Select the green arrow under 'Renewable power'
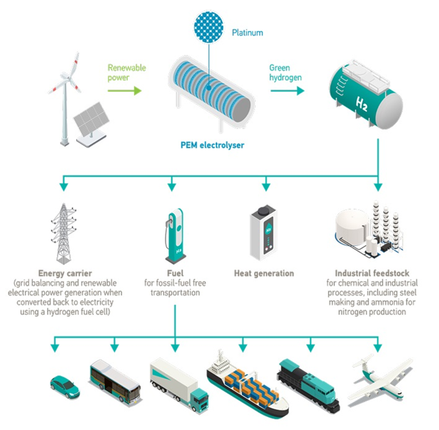click(124, 91)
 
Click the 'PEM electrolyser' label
click(212, 145)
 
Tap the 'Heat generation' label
click(265, 274)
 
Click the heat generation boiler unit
click(264, 233)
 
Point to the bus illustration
click(114, 379)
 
